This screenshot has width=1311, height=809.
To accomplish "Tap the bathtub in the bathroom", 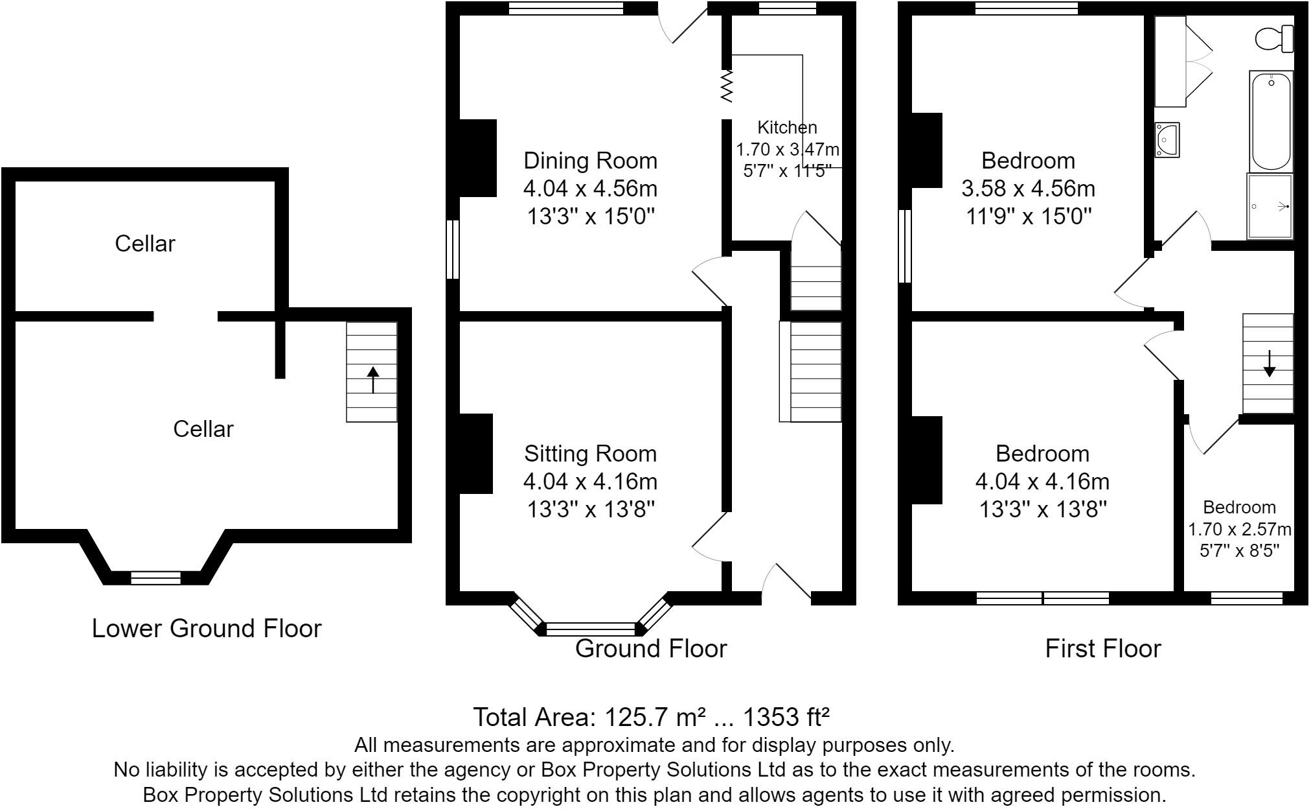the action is pyautogui.click(x=1271, y=122).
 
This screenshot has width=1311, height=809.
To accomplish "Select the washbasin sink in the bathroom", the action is pyautogui.click(x=1167, y=140).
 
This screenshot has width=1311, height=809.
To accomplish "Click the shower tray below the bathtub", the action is pyautogui.click(x=1270, y=206).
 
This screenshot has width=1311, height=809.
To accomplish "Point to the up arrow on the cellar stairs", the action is pyautogui.click(x=372, y=380).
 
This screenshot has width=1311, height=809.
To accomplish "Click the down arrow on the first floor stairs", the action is pyautogui.click(x=1269, y=363).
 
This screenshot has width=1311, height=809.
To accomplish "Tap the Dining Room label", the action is pyautogui.click(x=590, y=160).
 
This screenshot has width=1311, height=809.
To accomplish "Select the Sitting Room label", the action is pyautogui.click(x=590, y=453).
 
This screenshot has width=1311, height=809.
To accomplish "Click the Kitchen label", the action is pyautogui.click(x=787, y=127).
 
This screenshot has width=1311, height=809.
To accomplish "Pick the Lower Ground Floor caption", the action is pyautogui.click(x=207, y=628).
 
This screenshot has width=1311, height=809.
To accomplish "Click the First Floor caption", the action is pyautogui.click(x=1103, y=648).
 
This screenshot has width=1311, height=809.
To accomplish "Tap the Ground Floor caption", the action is pyautogui.click(x=651, y=648).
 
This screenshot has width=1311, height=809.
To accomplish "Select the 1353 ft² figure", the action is pyautogui.click(x=786, y=717).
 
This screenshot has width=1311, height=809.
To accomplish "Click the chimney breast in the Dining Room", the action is pyautogui.click(x=478, y=158).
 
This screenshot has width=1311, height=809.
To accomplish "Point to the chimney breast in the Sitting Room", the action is pyautogui.click(x=476, y=454).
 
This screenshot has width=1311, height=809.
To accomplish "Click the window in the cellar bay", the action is pyautogui.click(x=155, y=578).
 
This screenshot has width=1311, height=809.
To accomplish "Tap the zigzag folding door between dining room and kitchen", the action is pyautogui.click(x=727, y=87).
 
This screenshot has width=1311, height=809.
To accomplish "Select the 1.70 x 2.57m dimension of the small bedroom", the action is pyautogui.click(x=1239, y=530).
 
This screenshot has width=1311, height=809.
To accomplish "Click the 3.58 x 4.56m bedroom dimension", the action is pyautogui.click(x=1028, y=189).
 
